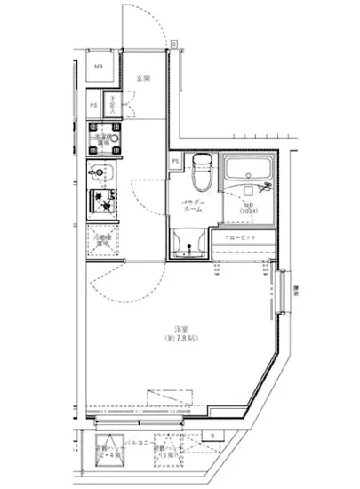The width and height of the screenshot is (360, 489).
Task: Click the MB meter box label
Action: pos(99,68)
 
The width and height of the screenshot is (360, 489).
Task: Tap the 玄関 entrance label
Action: pos(142,79)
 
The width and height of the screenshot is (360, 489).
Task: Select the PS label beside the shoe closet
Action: pos(93,105)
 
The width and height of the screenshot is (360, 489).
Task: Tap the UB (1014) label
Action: pos(248,208)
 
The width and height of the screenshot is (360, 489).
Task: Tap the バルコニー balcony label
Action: pos(135,441)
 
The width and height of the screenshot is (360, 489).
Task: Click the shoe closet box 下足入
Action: pos(115,105)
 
